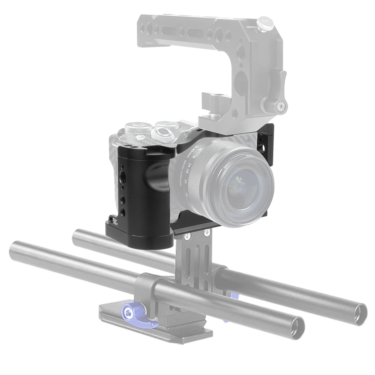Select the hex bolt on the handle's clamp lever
coord(281,107)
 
